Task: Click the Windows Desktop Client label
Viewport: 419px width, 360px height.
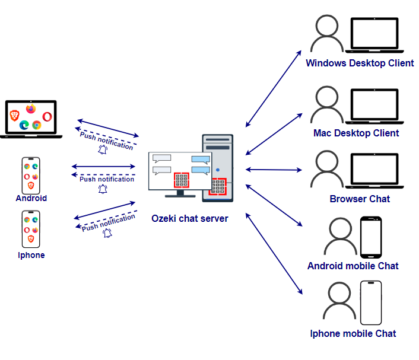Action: coord(360,63)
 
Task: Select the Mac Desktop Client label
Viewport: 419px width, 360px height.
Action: coord(356,133)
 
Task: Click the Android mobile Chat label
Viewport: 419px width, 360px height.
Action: coord(353,266)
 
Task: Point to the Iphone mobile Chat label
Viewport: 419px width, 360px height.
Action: coord(353,333)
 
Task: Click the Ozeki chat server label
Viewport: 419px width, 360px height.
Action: coord(189,218)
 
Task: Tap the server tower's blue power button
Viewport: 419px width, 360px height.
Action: coord(218,170)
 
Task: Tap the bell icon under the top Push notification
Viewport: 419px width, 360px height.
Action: coord(103,150)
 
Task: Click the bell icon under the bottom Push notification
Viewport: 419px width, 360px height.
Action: coord(107,233)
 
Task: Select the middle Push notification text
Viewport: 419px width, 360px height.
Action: coord(107,179)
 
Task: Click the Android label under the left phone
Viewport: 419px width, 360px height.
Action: coord(31,198)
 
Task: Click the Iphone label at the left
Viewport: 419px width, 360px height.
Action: coord(31,255)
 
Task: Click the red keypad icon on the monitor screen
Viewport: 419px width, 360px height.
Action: coord(181,180)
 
